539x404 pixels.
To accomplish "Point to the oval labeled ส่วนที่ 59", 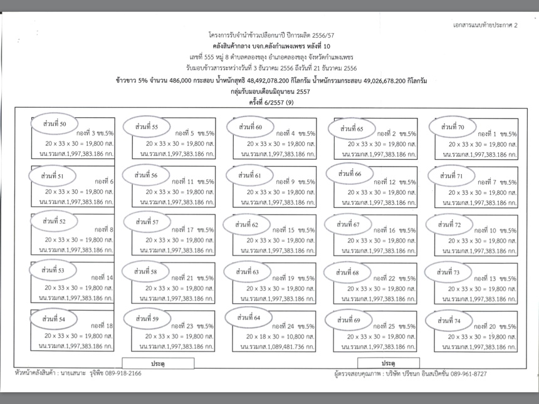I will pos(147,319).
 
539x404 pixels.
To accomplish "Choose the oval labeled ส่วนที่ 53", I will pos(55,270).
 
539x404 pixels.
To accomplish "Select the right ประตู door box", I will pos(388,363).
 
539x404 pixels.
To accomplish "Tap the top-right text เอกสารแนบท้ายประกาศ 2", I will pos(485,24).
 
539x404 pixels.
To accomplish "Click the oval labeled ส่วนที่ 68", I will pos(348,272).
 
